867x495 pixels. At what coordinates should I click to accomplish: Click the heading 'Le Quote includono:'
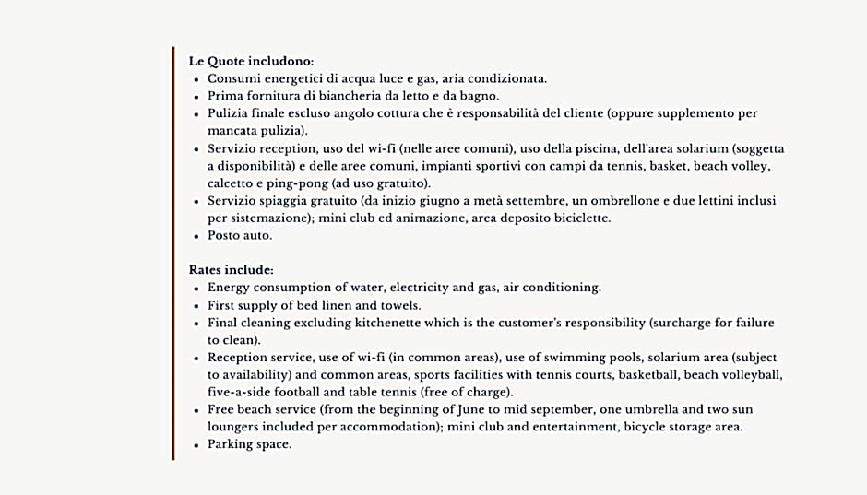pyautogui.click(x=251, y=61)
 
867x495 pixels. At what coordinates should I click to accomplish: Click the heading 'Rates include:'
pyautogui.click(x=231, y=270)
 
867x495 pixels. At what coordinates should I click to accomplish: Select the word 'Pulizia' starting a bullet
pyautogui.click(x=228, y=113)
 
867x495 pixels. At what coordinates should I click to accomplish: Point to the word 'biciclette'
pyautogui.click(x=577, y=218)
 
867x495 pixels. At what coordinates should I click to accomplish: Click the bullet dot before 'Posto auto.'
pyautogui.click(x=196, y=236)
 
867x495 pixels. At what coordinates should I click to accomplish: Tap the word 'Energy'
pyautogui.click(x=230, y=288)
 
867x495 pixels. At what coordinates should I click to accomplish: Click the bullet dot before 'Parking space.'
pyautogui.click(x=196, y=444)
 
